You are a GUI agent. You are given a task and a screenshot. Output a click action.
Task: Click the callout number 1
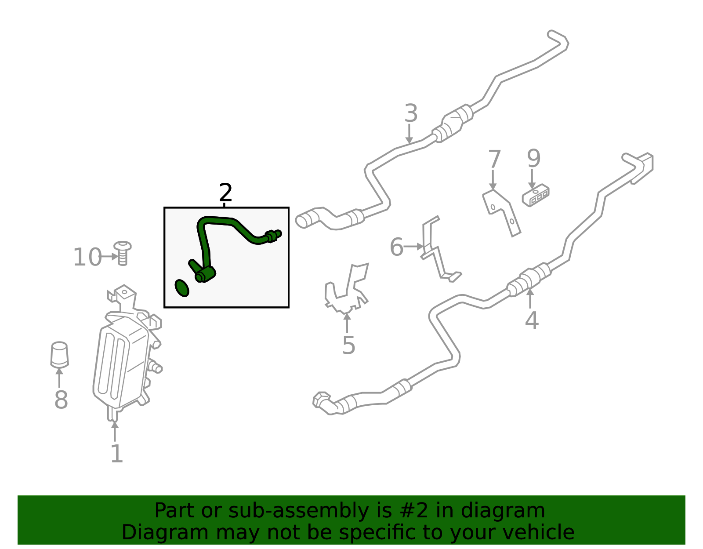click(x=117, y=453)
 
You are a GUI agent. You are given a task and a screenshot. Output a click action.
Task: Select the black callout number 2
click(x=225, y=193)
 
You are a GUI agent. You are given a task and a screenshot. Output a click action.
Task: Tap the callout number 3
click(x=411, y=113)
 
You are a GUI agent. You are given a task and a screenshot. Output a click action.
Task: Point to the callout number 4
click(x=532, y=320)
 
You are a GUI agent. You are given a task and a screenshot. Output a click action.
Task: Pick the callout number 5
click(x=349, y=345)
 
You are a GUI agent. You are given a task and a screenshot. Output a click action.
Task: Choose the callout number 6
click(x=397, y=247)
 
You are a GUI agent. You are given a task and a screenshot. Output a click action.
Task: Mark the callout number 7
click(x=494, y=159)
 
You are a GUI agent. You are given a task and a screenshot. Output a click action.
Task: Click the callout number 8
click(x=61, y=400)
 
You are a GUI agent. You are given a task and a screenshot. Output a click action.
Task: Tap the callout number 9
click(x=534, y=158)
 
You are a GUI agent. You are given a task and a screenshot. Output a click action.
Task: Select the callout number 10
click(x=87, y=257)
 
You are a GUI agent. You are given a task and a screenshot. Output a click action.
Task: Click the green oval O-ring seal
click(x=182, y=288)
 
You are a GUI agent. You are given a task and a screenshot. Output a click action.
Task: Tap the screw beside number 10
click(x=123, y=253)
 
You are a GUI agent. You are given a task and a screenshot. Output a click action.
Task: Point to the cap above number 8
click(x=59, y=355)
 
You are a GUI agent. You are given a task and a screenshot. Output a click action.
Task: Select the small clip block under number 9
click(x=536, y=195)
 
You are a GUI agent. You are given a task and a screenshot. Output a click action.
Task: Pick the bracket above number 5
click(x=347, y=289)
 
